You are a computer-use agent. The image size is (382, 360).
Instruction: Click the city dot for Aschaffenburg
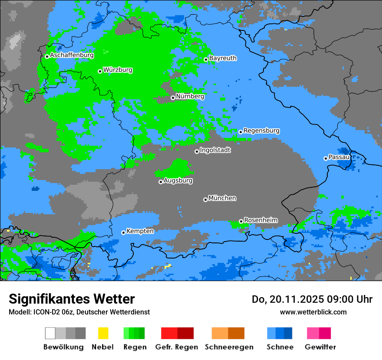point(47,56)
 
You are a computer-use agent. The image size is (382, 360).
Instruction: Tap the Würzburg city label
point(118,70)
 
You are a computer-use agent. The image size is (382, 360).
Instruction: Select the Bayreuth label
point(223,58)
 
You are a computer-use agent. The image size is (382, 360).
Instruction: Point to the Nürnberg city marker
point(173,98)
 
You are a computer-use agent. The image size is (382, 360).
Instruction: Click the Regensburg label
point(261,131)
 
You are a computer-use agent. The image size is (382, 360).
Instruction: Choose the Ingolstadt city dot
point(197,151)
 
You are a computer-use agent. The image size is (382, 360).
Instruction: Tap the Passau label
point(339,157)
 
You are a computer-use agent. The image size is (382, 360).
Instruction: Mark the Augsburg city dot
point(161,182)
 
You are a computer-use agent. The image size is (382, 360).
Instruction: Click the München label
point(222,198)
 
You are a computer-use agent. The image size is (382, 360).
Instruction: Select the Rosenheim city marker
point(241,221)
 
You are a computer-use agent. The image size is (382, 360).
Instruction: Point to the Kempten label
point(140,231)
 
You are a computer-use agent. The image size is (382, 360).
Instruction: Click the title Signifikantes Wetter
point(72,299)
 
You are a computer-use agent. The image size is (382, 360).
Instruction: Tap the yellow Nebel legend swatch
point(103,333)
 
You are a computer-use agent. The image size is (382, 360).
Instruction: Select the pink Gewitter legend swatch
point(313,333)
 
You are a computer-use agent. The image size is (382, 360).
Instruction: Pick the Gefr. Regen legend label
point(176,347)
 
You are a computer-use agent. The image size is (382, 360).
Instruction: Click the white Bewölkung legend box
point(50,333)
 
